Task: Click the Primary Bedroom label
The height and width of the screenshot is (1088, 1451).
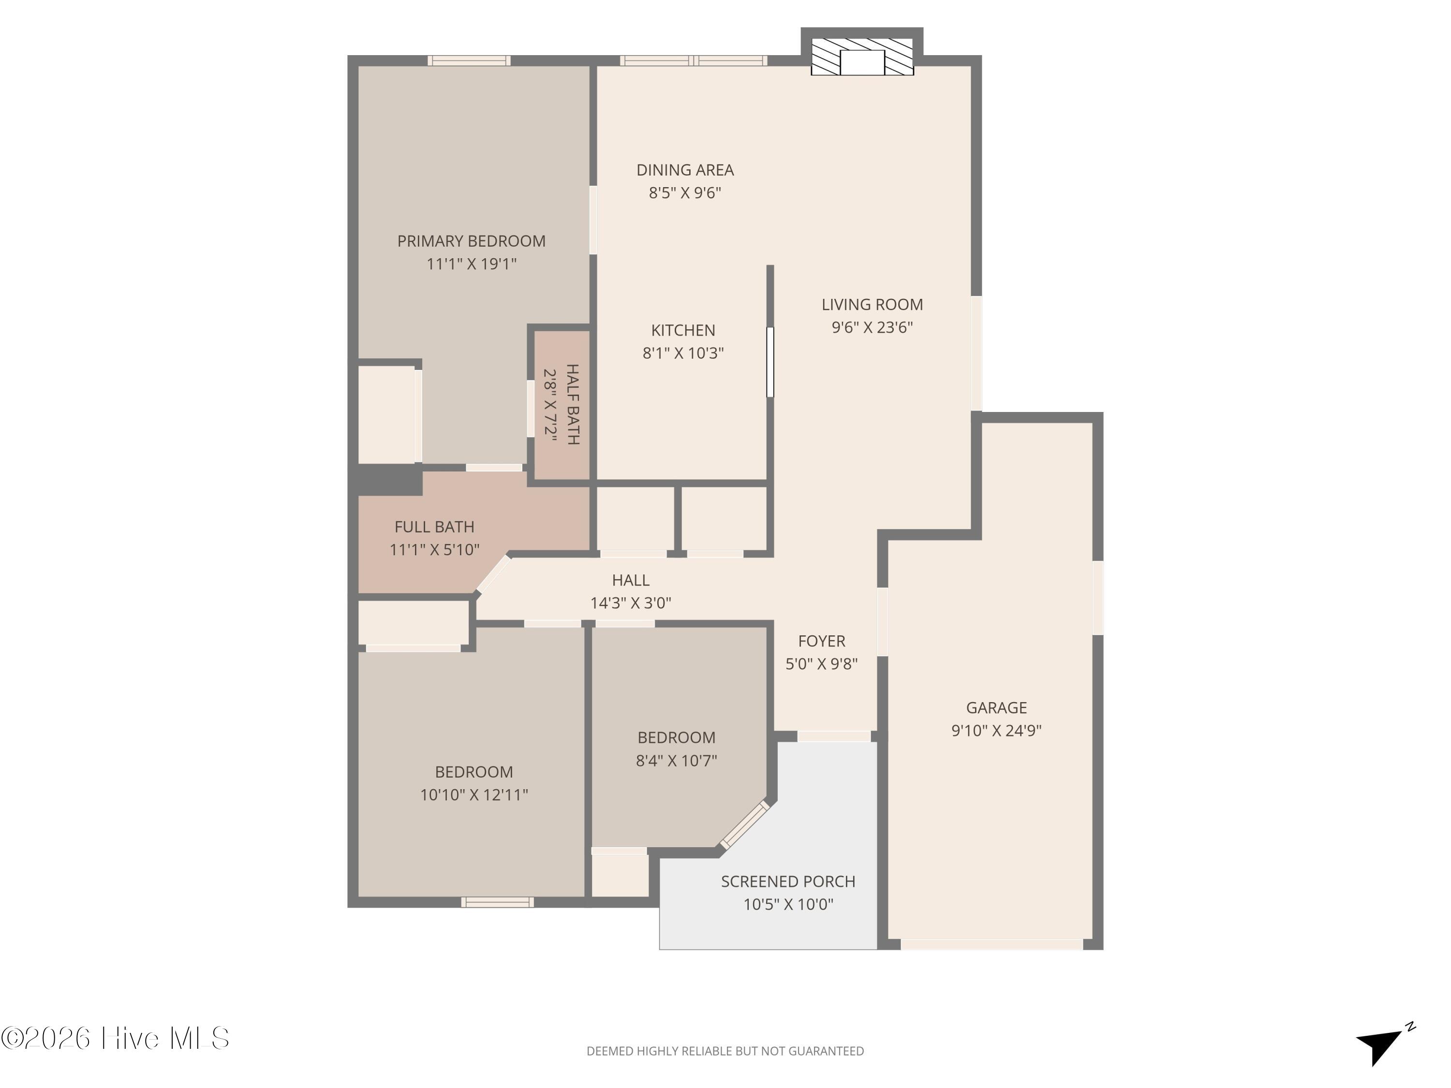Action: point(471,241)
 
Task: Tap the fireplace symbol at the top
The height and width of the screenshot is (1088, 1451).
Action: point(862,57)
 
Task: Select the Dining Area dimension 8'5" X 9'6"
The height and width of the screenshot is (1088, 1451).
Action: point(685,193)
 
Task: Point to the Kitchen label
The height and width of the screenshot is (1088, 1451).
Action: point(683,331)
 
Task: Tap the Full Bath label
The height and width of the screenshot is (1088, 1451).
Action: point(434,527)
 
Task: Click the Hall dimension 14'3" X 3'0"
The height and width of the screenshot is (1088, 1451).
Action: point(630,603)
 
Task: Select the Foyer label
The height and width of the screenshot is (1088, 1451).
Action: point(821,641)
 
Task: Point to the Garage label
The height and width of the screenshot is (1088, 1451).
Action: point(996,707)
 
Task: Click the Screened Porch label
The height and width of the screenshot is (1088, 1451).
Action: point(788,882)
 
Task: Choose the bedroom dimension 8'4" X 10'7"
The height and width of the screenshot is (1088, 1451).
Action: point(676,761)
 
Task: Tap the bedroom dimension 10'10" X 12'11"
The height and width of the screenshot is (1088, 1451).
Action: point(474,795)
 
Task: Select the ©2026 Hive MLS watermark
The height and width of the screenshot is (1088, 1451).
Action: point(116,1038)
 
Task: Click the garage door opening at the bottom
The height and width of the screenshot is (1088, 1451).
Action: point(991,944)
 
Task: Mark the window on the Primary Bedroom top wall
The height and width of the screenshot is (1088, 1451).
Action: point(469,60)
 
